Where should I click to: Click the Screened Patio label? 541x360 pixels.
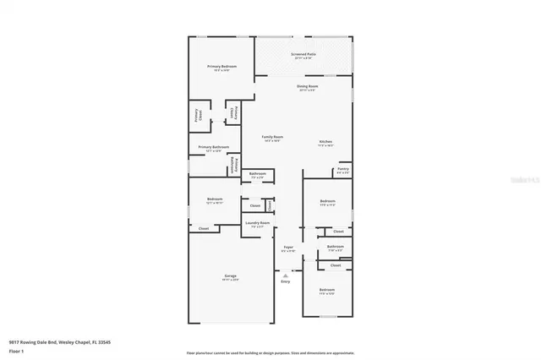coord(303,55)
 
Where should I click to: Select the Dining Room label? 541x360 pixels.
coord(307,86)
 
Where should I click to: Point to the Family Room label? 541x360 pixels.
coord(271,137)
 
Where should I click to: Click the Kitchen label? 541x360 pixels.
coord(325,141)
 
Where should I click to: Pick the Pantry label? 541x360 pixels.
coord(342,169)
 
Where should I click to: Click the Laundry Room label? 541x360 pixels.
coord(258,223)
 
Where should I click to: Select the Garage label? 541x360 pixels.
coord(230,276)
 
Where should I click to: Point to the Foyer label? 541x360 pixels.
coord(287,248)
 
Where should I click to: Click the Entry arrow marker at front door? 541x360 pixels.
coord(285,272)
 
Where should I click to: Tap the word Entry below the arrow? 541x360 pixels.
coord(285,281)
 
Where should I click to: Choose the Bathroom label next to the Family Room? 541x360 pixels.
coord(257,174)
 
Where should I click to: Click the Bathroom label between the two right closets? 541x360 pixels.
coord(335,246)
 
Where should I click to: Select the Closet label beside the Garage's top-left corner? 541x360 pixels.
coord(204,229)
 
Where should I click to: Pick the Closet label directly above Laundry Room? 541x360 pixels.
coord(254,205)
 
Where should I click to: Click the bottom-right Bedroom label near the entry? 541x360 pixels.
coord(327,290)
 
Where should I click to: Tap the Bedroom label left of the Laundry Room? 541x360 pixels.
coord(214,199)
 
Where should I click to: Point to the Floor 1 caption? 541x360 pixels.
coord(16,351)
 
